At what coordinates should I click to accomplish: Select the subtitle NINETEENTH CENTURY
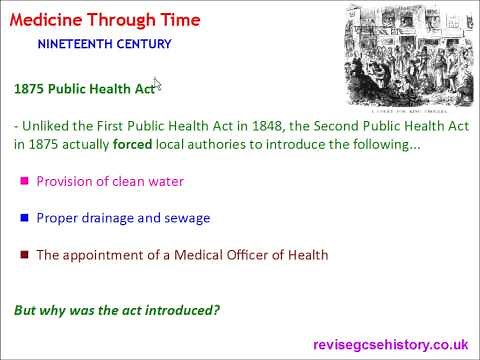click(x=104, y=44)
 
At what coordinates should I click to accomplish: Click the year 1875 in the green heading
click(x=31, y=88)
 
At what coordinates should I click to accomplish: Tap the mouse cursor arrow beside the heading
click(x=158, y=85)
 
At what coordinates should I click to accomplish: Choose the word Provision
click(x=64, y=182)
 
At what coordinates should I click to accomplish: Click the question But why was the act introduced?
click(x=117, y=310)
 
